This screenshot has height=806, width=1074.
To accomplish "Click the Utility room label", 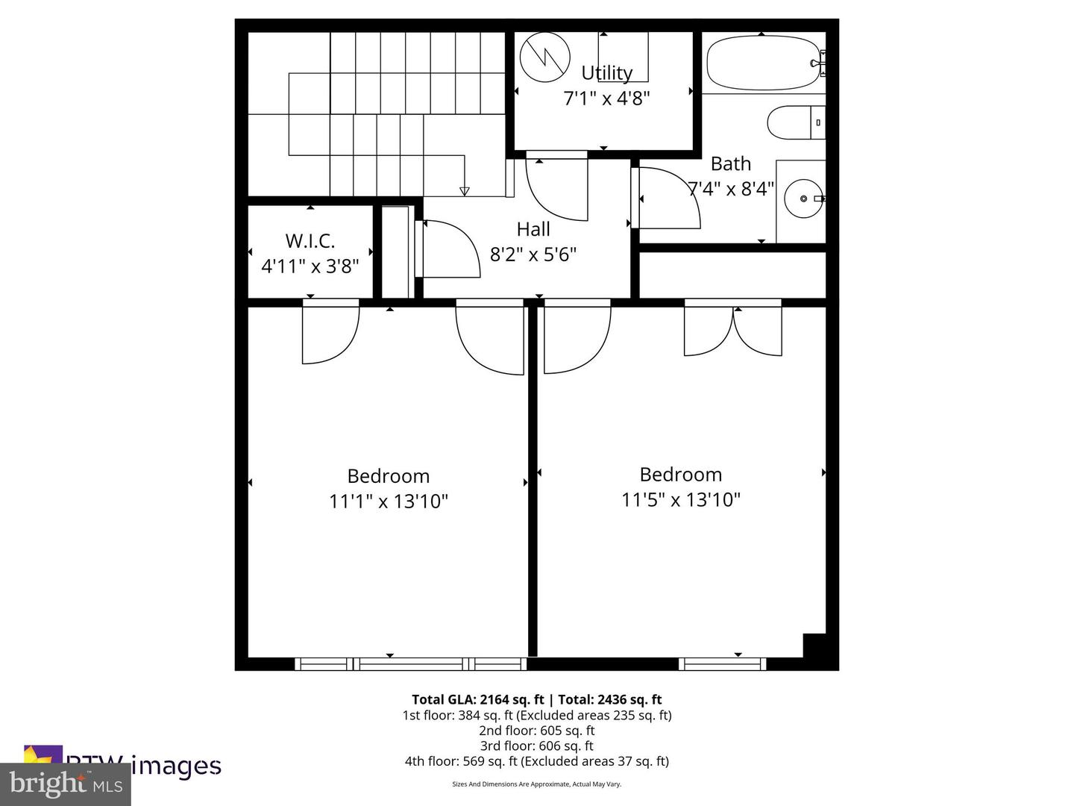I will coord(606,73).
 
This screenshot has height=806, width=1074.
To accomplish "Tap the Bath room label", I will coord(730,164).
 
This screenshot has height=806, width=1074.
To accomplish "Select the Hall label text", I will coord(533,229).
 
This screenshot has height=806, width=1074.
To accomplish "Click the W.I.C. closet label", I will coord(310,241).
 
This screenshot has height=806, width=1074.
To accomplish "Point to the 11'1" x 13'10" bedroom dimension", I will coord(388,501).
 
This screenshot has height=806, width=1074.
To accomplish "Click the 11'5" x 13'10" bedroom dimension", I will coord(680,499).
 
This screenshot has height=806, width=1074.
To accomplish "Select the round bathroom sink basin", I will coord(804,199).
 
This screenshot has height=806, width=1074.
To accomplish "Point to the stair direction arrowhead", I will coord(465,191).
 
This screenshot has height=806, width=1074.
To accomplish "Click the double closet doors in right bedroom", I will coord(733,331).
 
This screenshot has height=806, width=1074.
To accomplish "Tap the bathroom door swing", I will coord(668,199).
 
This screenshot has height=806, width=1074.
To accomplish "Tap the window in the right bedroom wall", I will coord(722,663).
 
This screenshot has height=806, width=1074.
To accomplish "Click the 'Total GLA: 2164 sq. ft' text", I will coord(477,699).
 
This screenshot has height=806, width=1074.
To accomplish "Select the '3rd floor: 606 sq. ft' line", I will coord(536,746).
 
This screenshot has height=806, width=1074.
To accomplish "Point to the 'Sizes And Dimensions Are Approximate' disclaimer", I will coord(536,784).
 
